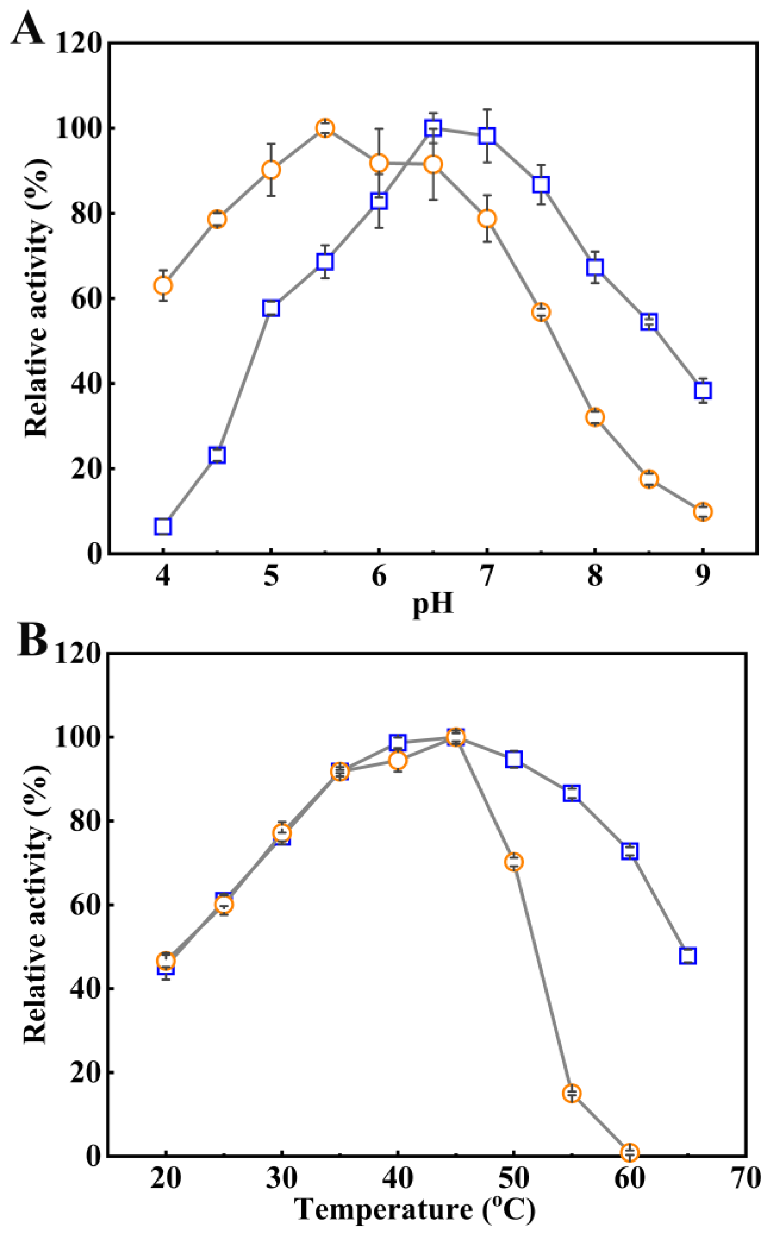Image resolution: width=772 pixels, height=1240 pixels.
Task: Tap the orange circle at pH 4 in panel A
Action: click(x=163, y=285)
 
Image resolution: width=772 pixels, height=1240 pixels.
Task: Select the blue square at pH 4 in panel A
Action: click(x=163, y=526)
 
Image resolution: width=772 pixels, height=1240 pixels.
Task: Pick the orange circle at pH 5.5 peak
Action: click(x=325, y=128)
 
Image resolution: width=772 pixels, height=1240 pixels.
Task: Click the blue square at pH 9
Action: click(x=703, y=391)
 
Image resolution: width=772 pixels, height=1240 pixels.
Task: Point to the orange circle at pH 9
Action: click(x=703, y=511)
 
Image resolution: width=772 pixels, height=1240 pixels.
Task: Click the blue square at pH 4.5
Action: click(x=217, y=455)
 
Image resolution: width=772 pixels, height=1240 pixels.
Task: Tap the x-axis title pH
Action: click(x=433, y=604)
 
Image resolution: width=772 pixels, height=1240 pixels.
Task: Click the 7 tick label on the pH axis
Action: click(x=487, y=576)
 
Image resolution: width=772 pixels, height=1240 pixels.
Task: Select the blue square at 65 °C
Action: click(x=688, y=956)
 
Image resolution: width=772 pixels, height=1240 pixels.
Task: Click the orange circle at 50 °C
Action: click(x=513, y=862)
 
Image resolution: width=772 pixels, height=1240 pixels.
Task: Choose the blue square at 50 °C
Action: click(x=513, y=759)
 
